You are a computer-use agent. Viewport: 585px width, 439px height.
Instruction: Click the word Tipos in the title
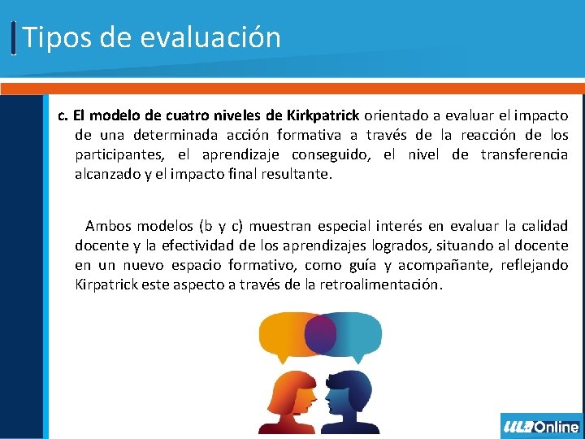tap(50, 37)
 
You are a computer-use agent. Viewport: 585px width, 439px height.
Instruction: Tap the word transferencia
tap(524, 154)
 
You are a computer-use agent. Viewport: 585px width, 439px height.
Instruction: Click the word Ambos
tap(108, 225)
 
